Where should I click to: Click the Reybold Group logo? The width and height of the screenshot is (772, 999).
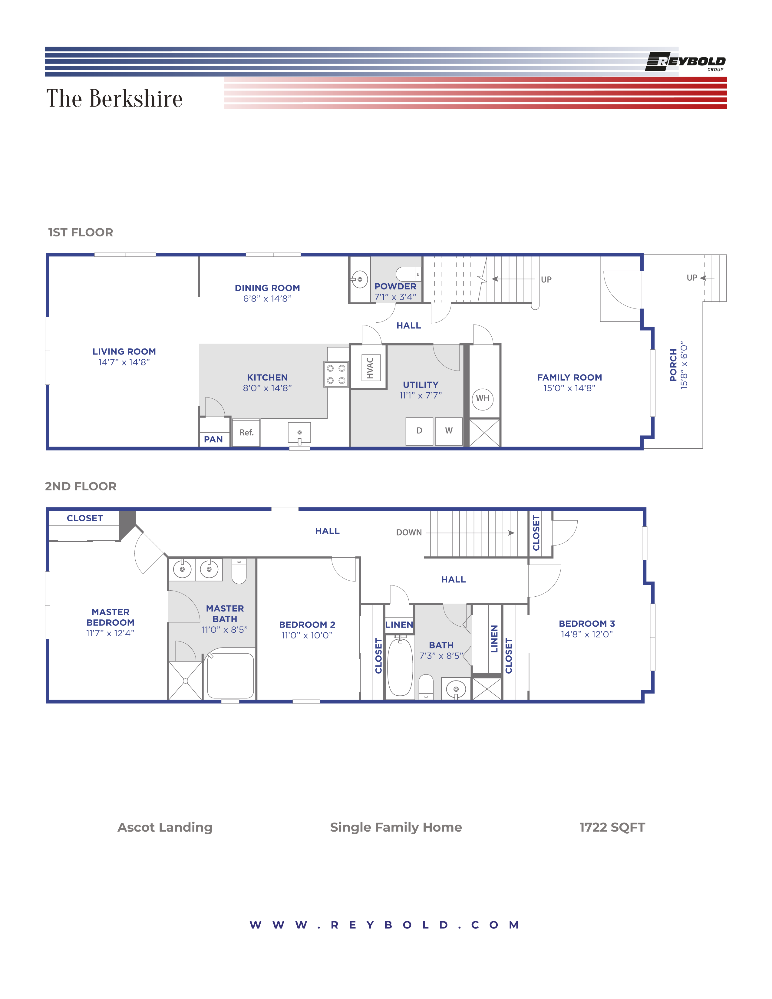coord(685,62)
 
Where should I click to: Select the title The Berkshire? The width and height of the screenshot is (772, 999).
coord(114,98)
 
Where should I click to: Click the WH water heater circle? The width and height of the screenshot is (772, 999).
coord(483,398)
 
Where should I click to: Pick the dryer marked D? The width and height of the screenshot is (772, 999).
coord(419,431)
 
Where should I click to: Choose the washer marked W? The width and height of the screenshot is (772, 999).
coord(449,431)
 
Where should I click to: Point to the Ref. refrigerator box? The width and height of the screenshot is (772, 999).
coord(246,433)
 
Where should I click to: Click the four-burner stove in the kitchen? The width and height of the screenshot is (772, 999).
coord(336,374)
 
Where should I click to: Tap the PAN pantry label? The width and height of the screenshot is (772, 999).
coord(213,440)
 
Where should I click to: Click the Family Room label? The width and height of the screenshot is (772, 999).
coord(569,378)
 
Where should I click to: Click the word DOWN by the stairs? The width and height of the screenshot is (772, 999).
coord(409,532)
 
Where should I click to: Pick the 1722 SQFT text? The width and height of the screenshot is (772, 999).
coord(612,827)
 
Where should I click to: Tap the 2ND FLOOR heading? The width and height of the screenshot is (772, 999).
coord(81,486)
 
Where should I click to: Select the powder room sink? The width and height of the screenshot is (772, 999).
coord(359,279)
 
